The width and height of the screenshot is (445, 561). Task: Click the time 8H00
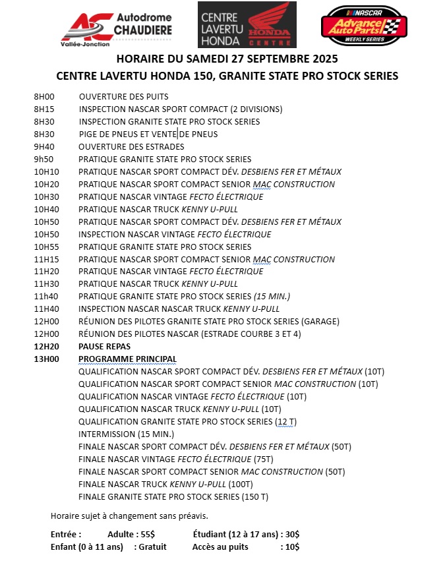(x=44, y=97)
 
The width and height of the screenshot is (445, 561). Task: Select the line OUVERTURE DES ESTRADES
(x=131, y=146)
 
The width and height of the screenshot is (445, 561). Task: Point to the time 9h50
(x=44, y=159)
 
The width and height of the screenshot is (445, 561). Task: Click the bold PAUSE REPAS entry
(x=104, y=346)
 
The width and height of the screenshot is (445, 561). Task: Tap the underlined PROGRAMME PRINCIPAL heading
(x=127, y=359)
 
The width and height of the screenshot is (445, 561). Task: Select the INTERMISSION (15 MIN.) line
(x=126, y=434)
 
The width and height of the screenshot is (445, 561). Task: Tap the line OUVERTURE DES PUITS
(x=123, y=97)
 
